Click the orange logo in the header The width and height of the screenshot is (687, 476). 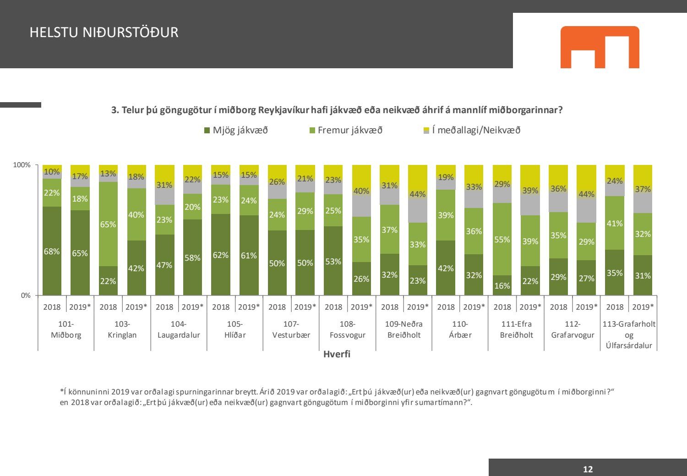600,47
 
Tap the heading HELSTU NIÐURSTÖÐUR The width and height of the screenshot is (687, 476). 104,33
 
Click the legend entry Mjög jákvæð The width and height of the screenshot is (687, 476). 236,130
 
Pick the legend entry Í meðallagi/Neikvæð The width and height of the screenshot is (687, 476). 472,130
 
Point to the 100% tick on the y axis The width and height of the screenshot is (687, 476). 22,165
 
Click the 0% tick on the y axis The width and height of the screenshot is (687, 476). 26,295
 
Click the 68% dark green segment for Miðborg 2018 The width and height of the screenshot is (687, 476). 52,251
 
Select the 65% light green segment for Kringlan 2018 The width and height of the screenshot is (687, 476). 108,224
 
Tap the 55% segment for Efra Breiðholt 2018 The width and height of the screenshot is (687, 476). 502,239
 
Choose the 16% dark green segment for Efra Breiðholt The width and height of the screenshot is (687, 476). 502,285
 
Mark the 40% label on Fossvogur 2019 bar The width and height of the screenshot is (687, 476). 361,191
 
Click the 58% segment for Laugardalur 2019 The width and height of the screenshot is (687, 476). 192,257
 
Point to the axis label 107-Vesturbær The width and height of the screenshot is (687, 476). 291,329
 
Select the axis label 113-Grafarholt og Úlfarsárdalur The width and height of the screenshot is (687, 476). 629,335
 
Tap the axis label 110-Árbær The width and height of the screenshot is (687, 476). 460,329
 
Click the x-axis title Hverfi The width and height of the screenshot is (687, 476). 337,354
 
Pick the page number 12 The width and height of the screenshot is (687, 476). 588,469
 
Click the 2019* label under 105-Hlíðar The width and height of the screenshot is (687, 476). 249,307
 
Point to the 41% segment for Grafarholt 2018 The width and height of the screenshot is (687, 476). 615,223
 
